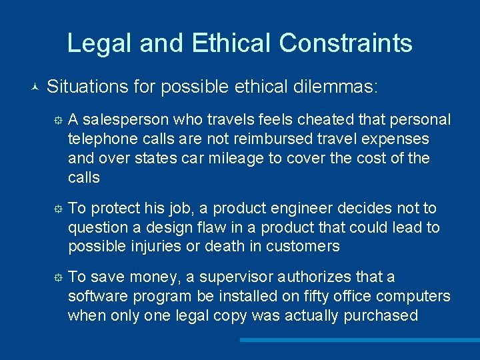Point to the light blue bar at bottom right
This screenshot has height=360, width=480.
tap(360, 340)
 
